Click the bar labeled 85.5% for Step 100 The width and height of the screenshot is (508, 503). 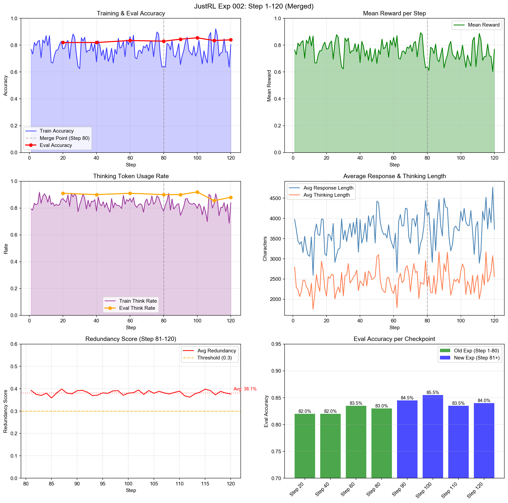coord(433,436)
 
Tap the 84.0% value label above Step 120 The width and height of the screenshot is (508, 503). coord(484,400)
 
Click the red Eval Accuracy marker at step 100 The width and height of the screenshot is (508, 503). coord(197,38)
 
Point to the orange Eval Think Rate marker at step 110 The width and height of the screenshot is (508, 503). coord(214,201)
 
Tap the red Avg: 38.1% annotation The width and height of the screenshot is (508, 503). coord(245,389)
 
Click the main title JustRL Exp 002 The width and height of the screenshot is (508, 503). coord(254,6)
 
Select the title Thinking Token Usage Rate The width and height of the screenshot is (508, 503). coord(131,176)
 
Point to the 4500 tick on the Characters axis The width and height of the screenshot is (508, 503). coord(275,198)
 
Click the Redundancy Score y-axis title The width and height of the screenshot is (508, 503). coord(6,411)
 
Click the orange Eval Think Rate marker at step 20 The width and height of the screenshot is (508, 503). coord(63,193)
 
